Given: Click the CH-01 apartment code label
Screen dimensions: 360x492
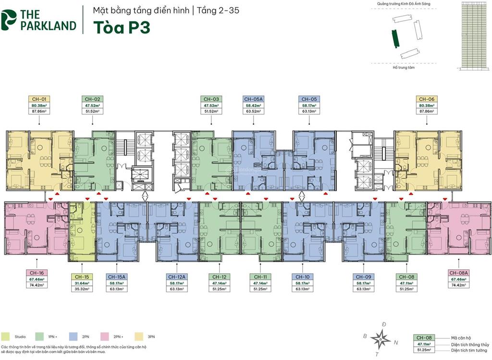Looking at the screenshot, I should [x=38, y=99].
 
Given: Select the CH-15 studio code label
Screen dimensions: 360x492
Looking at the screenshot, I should [x=81, y=277].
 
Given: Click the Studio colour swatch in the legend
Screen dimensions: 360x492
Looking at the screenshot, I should [x=5, y=336].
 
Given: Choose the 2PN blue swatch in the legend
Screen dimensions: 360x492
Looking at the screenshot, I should [x=73, y=336].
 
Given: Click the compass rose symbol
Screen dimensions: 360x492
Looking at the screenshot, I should [x=381, y=339].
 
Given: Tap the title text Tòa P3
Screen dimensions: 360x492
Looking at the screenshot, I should [x=121, y=27].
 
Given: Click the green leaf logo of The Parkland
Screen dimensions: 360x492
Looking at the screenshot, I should [x=9, y=20].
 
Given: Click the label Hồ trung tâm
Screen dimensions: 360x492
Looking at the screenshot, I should [x=403, y=68].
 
